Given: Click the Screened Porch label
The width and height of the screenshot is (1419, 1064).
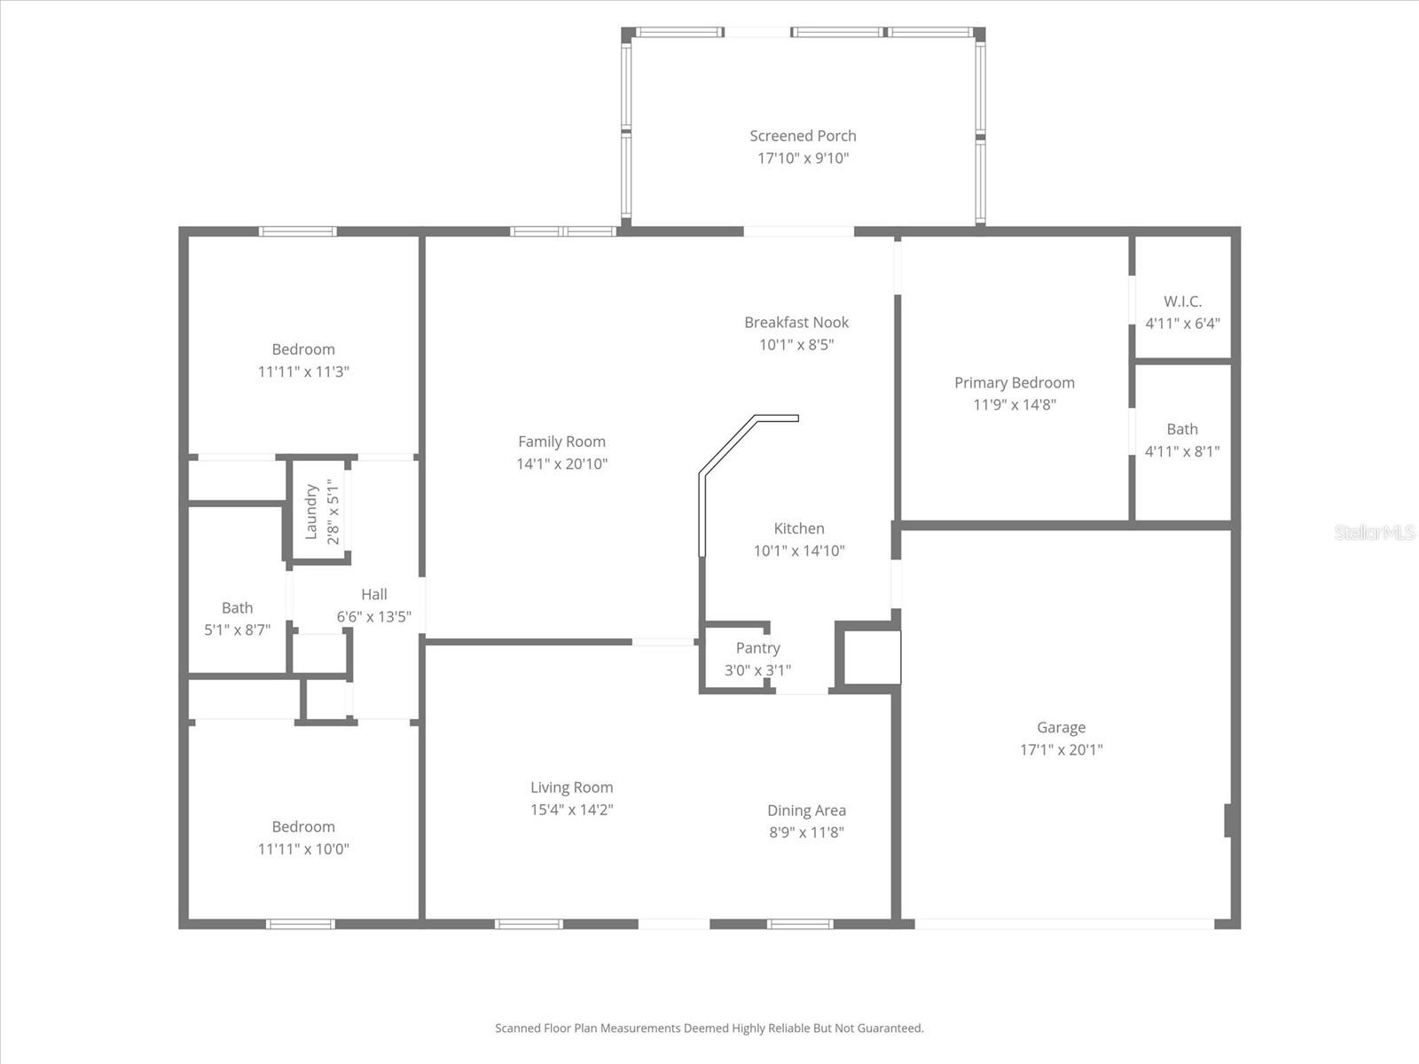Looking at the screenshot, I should coord(803,136).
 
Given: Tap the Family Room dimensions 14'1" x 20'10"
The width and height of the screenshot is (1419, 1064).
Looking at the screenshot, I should coord(561,464).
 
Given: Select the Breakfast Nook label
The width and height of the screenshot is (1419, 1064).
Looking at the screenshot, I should coord(796,323).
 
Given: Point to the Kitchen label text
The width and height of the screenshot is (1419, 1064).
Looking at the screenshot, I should coord(799,528).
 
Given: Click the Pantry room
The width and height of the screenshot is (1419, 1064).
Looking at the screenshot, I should coord(757,658).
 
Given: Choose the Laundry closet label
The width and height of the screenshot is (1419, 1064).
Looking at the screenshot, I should coord(311,512).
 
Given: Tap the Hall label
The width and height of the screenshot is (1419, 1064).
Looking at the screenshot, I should coord(373,595).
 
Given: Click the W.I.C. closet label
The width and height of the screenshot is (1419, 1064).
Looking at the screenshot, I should coord(1182,301).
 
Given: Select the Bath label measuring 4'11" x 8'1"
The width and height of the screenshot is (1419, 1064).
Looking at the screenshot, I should coord(1182,429).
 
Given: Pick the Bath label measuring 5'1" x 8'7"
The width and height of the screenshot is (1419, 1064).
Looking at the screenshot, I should coord(237,608).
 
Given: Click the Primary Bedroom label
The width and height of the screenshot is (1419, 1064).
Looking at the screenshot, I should coord(1014,383).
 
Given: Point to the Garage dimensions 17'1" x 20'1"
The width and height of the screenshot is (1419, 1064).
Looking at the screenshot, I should coord(1061,750).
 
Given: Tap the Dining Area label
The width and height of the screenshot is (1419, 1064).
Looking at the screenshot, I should coord(806,810).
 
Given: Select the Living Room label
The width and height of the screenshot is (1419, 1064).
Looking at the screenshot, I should coord(571,787).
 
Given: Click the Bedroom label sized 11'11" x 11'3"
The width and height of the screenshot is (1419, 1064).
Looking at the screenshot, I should coord(303,349).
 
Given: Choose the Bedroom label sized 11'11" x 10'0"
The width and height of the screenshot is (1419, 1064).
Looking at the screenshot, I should coord(303,827).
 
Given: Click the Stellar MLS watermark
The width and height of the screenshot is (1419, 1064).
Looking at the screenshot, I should coord(1375,533).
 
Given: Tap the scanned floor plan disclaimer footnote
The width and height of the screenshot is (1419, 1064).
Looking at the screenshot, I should coord(709,1029).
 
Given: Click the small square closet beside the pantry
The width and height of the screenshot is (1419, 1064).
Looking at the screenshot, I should coord(871,657).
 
